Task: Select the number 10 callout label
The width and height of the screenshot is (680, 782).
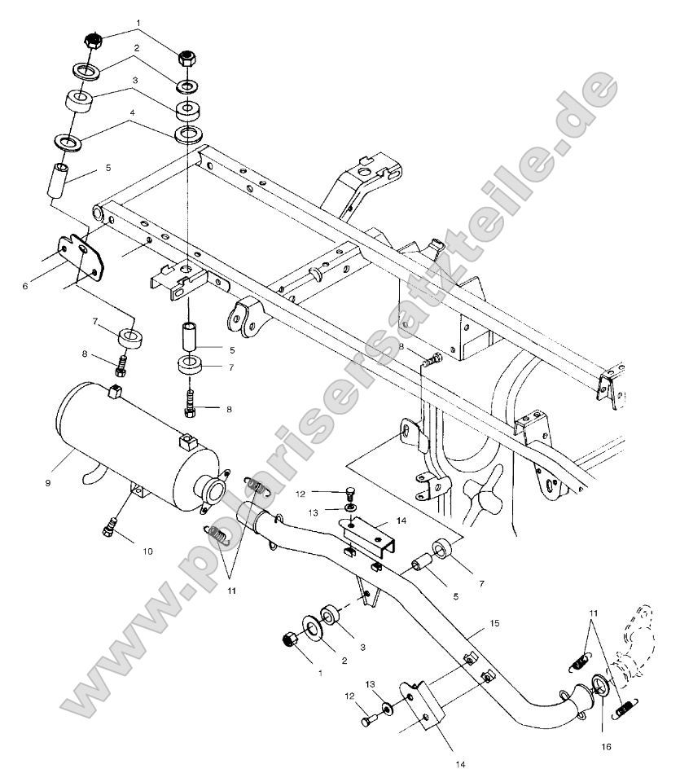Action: pos(147,551)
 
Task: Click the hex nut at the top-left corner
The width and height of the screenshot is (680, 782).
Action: pos(93,41)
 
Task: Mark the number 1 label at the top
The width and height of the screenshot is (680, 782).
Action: pos(138,22)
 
